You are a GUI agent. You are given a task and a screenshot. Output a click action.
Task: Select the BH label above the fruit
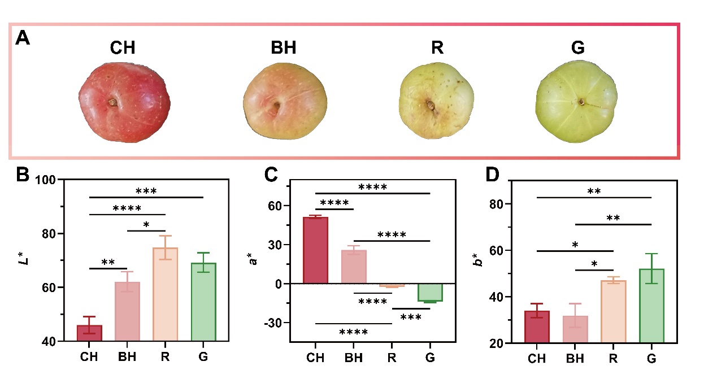pyautogui.click(x=284, y=48)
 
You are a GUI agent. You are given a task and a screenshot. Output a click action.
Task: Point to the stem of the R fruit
pyautogui.click(x=430, y=105)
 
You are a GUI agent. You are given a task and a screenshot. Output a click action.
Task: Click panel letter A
pyautogui.click(x=23, y=38)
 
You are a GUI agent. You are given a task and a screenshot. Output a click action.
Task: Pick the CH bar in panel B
pyautogui.click(x=89, y=333)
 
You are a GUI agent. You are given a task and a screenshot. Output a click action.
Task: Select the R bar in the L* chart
pyautogui.click(x=165, y=294)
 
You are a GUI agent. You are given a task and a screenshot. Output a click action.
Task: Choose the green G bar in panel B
pyautogui.click(x=203, y=302)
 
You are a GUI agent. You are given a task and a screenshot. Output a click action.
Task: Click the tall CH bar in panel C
pyautogui.click(x=315, y=250)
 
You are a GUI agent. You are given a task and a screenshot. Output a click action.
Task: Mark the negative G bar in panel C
pyautogui.click(x=430, y=293)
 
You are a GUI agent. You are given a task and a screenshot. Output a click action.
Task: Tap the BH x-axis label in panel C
pyautogui.click(x=354, y=358)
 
